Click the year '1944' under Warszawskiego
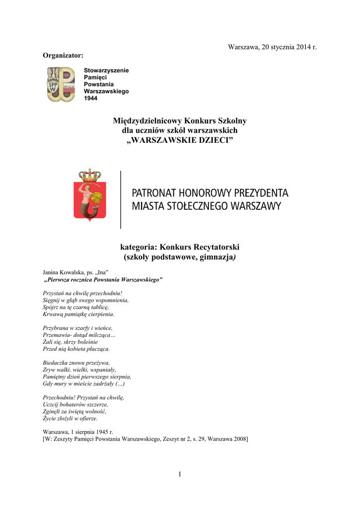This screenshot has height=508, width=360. pyautogui.click(x=91, y=99)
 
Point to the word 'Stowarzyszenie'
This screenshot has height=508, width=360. pyautogui.click(x=106, y=70)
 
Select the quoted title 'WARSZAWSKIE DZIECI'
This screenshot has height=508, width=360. pyautogui.click(x=180, y=139)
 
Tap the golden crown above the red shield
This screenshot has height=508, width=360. pyautogui.click(x=90, y=175)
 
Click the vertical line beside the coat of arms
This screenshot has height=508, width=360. pyautogui.click(x=121, y=199)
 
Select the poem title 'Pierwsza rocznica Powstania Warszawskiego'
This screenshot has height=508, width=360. pyautogui.click(x=104, y=280)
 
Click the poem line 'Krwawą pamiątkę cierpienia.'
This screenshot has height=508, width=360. pyautogui.click(x=79, y=314)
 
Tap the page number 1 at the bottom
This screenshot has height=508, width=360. pyautogui.click(x=180, y=475)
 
